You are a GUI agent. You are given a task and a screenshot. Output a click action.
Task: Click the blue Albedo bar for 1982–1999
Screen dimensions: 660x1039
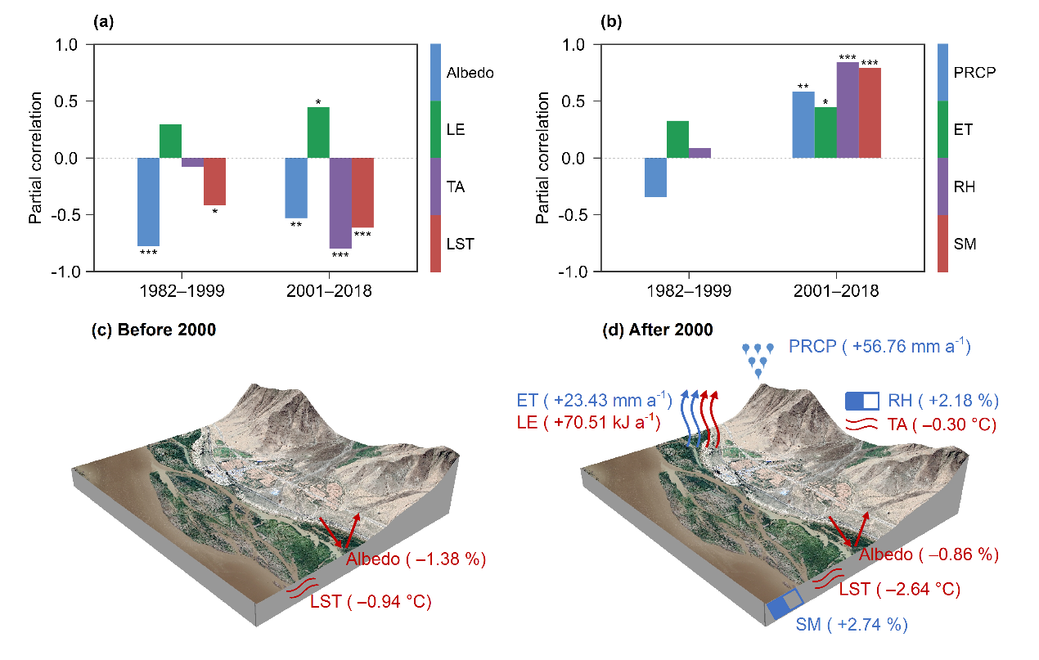click(148, 201)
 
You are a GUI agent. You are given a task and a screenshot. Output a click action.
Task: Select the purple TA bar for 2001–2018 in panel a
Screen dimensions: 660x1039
click(340, 203)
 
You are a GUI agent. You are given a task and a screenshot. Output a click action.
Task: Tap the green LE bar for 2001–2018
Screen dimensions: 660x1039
click(318, 132)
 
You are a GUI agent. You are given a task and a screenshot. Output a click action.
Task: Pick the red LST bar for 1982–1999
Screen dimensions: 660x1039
click(214, 181)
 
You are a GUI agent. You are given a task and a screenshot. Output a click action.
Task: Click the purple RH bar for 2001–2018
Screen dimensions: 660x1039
click(848, 110)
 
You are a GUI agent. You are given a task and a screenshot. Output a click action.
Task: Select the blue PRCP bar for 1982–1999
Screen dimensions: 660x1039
click(655, 177)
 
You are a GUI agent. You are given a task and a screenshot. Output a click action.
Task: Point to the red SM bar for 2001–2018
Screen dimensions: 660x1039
click(870, 113)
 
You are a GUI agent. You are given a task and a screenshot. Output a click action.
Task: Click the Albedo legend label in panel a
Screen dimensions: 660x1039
click(470, 73)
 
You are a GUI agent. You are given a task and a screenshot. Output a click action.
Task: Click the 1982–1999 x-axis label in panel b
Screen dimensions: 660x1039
click(688, 291)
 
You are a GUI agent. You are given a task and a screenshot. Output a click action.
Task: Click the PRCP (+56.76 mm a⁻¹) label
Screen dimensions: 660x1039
click(879, 347)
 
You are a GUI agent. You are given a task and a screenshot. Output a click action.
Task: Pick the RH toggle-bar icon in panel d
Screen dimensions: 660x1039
click(862, 401)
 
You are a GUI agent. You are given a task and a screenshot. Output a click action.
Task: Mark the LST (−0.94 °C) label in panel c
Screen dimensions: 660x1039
click(371, 603)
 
